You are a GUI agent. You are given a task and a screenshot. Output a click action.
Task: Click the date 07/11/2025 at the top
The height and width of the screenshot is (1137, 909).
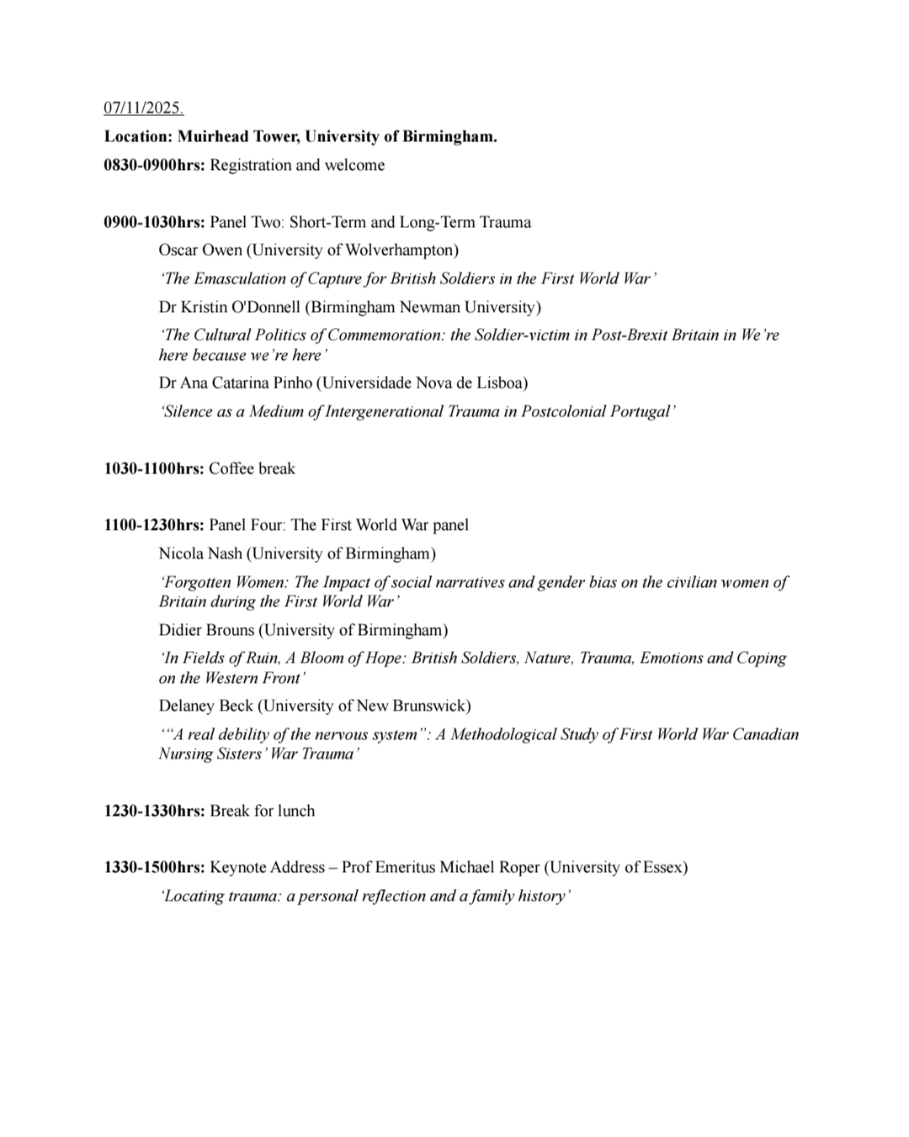(x=143, y=108)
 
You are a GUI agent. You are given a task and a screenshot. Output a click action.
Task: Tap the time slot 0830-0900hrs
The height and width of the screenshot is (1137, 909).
(x=154, y=165)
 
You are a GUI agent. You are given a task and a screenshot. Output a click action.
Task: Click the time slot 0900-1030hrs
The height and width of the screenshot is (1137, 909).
(x=154, y=222)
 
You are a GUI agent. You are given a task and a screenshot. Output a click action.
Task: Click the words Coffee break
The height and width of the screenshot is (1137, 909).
(x=252, y=468)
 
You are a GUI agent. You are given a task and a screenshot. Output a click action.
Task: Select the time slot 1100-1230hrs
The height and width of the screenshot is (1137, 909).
(x=154, y=525)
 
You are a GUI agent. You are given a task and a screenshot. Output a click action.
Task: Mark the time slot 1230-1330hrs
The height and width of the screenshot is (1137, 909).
(x=154, y=811)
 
